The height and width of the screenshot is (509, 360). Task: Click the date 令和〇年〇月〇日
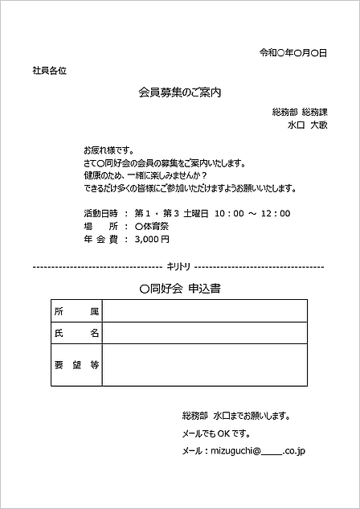point(292,53)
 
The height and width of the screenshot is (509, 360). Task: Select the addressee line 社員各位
point(49,71)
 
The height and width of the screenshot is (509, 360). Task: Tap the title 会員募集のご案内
point(179,92)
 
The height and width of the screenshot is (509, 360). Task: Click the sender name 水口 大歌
point(307,125)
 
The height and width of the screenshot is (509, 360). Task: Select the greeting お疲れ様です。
point(108,150)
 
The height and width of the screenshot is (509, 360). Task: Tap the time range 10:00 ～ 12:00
point(252,213)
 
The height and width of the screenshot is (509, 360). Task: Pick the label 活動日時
point(101,213)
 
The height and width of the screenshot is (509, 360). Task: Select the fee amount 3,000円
point(152,239)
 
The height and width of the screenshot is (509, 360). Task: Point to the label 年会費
point(101,239)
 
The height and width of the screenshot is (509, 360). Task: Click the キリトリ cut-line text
point(178,266)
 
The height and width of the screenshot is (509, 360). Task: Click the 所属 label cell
point(76,310)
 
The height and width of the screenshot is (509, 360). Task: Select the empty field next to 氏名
point(204,332)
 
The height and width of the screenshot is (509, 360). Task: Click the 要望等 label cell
point(76,364)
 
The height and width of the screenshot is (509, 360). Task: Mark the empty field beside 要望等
point(204,364)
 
